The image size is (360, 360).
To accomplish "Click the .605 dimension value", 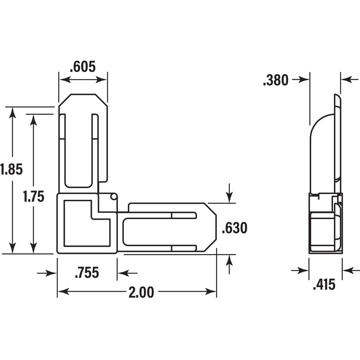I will (83, 67).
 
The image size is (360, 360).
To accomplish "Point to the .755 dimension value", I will (87, 273).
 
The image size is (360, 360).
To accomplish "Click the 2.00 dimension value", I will (141, 292).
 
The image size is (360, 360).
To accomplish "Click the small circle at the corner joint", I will (113, 197).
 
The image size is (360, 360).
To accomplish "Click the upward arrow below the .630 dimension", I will (229, 261).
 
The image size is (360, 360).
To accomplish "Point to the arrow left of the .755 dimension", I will (50, 273).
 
